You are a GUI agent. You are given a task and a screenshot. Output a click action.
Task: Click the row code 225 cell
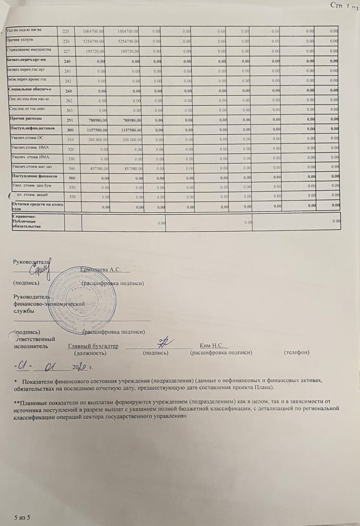click(66, 31)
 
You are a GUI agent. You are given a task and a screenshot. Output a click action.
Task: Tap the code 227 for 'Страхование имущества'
click(66, 51)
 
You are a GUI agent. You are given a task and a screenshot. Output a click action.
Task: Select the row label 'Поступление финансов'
click(31, 176)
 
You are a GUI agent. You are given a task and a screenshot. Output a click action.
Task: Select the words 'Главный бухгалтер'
click(93, 346)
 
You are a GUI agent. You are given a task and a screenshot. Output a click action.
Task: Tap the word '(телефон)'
click(296, 353)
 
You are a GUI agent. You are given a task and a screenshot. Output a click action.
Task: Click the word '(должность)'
click(90, 353)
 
